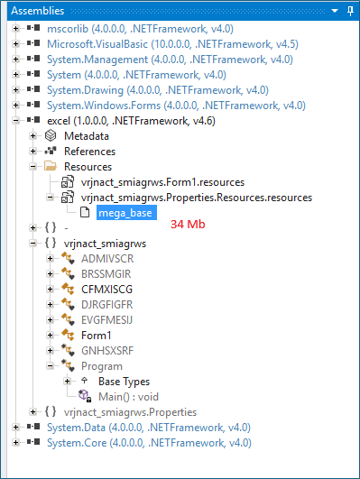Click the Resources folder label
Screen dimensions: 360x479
point(88,166)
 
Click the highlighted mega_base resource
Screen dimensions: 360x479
point(125,213)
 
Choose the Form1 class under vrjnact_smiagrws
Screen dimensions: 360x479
point(97,335)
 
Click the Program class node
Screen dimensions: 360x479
point(101,365)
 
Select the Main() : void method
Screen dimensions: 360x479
point(130,396)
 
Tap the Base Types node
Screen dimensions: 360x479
point(124,381)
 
